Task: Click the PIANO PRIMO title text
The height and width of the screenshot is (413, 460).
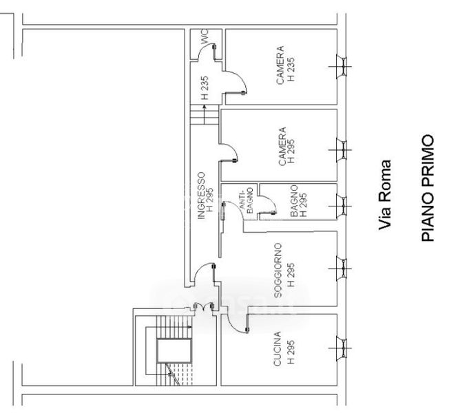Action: pyautogui.click(x=428, y=188)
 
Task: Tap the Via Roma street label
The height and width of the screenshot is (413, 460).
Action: pyautogui.click(x=385, y=195)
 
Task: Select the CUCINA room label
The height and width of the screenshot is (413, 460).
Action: pyautogui.click(x=278, y=349)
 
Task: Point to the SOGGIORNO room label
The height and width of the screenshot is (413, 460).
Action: pyautogui.click(x=278, y=271)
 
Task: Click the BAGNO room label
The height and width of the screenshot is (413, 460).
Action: pyautogui.click(x=294, y=201)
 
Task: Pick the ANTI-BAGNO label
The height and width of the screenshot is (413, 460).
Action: pyautogui.click(x=247, y=200)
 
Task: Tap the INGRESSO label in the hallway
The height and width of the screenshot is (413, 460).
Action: pyautogui.click(x=201, y=195)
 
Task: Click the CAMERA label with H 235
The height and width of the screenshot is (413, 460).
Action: pyautogui.click(x=280, y=65)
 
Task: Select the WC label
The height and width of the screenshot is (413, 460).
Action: pyautogui.click(x=205, y=36)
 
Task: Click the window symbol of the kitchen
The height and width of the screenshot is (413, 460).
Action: pyautogui.click(x=341, y=348)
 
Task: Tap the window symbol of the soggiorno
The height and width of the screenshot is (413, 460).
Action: pyautogui.click(x=341, y=268)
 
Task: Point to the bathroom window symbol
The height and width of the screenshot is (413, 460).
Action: pyautogui.click(x=341, y=206)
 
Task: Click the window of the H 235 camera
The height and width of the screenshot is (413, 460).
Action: pyautogui.click(x=341, y=67)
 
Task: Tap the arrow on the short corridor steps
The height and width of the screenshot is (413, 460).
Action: pyautogui.click(x=205, y=114)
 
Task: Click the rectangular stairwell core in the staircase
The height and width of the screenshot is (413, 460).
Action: pyautogui.click(x=174, y=351)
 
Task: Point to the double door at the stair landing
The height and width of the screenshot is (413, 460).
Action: pyautogui.click(x=204, y=307)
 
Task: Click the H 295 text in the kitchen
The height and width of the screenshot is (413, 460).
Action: pyautogui.click(x=291, y=352)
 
